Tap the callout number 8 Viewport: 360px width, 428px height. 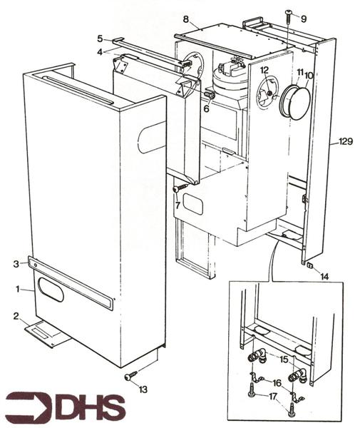185,19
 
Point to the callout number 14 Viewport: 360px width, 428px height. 324,275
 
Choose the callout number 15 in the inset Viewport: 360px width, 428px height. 284,360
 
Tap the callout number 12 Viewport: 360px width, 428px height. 264,70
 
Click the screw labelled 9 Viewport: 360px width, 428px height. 288,14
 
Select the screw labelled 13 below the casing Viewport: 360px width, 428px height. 130,375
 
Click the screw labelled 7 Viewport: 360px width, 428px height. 179,188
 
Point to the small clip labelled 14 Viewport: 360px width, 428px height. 311,266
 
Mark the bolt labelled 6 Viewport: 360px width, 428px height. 210,95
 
